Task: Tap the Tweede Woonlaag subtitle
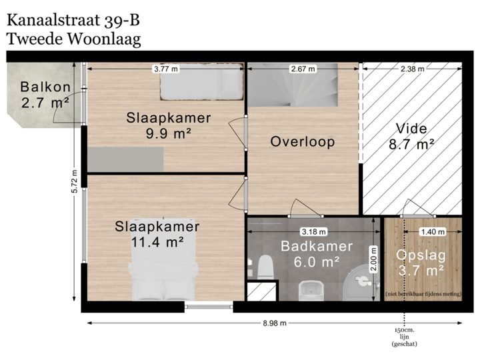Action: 73,39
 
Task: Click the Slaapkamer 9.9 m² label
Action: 169,125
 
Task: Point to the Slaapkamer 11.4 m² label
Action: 157,234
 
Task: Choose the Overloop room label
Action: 302,142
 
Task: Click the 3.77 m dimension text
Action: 165,69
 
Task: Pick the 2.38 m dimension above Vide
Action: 413,69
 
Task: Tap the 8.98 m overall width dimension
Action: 275,323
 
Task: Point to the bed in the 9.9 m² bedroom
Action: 201,83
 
